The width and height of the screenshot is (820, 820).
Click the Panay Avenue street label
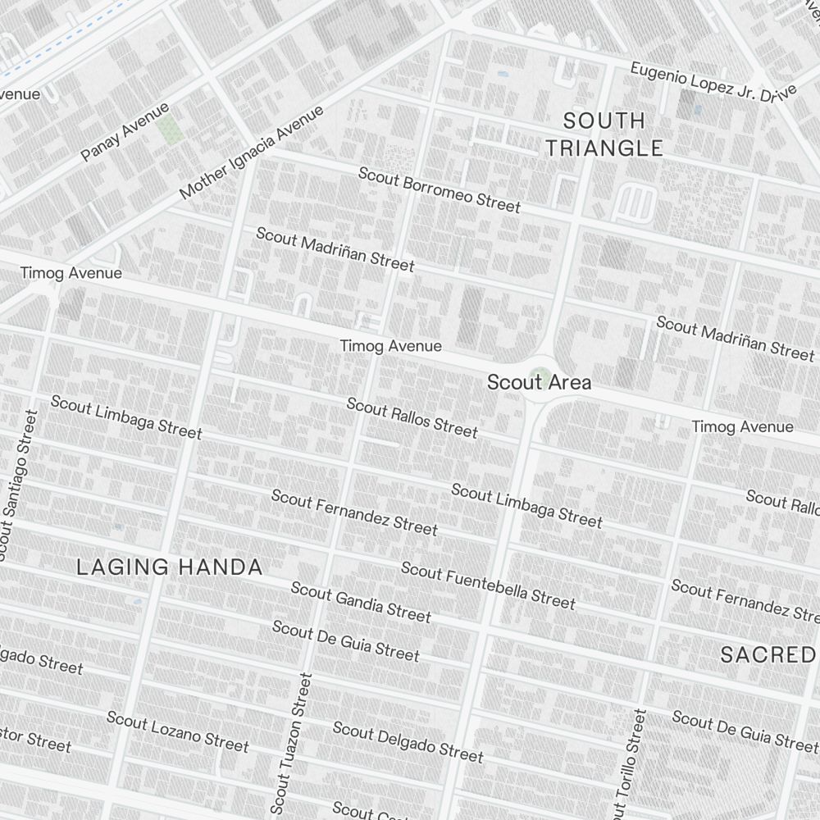click(x=125, y=132)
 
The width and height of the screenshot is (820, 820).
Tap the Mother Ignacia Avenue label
click(x=252, y=153)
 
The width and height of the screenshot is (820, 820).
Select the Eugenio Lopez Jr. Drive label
click(x=713, y=82)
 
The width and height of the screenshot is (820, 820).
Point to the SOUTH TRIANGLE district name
click(x=604, y=134)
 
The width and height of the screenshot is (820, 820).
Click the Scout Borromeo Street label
click(x=440, y=189)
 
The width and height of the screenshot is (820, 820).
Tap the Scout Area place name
click(x=539, y=382)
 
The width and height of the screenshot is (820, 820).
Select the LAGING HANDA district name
click(x=170, y=567)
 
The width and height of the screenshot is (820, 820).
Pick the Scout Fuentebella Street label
click(x=488, y=585)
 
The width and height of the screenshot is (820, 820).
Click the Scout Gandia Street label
click(x=361, y=602)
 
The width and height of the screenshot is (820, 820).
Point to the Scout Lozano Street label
click(x=177, y=731)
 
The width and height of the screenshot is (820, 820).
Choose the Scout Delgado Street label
click(x=408, y=740)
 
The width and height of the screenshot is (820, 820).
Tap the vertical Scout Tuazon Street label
click(x=291, y=745)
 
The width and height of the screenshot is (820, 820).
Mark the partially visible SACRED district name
click(x=769, y=654)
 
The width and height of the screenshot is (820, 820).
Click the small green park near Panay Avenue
click(x=171, y=130)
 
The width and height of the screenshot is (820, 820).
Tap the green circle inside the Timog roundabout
click(x=540, y=379)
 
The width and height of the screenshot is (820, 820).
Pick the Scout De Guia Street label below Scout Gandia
click(x=345, y=641)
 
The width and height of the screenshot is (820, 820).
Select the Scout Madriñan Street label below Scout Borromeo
click(x=335, y=248)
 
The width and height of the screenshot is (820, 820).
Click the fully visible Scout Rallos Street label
click(x=412, y=417)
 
